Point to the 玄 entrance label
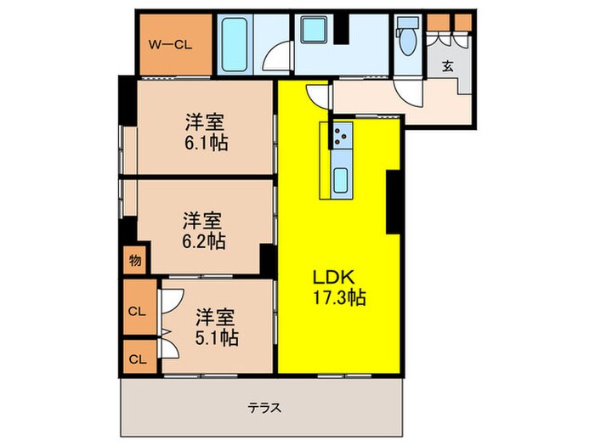pos(447,67)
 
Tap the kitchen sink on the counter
pos(341,180)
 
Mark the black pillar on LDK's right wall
pos(394,201)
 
